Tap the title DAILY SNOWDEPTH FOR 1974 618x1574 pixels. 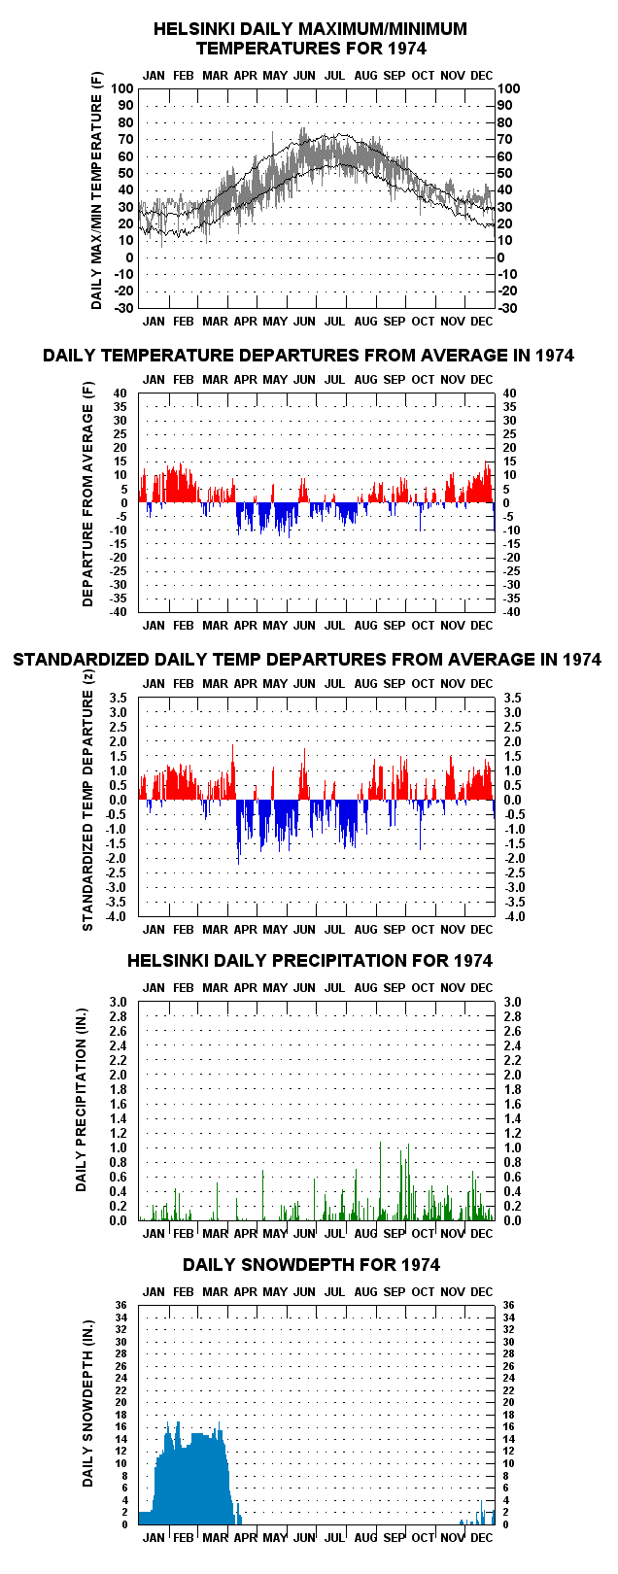click(311, 1265)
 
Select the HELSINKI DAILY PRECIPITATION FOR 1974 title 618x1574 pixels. click(310, 961)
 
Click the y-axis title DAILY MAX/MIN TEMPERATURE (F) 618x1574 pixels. click(96, 190)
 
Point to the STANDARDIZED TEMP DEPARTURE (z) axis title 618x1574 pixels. click(87, 801)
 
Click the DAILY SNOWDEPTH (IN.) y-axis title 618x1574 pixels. click(87, 1415)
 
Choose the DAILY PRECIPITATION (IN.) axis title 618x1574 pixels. click(81, 1100)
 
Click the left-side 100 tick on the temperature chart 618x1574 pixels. click(121, 88)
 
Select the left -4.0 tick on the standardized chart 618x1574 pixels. click(117, 916)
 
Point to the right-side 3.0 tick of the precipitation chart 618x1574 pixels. click(512, 1002)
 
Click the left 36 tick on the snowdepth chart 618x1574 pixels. click(121, 1305)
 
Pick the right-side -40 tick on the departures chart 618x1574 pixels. click(511, 612)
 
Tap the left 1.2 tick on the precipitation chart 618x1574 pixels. click(119, 1133)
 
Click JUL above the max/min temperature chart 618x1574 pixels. click(334, 75)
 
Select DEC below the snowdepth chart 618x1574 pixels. click(482, 1537)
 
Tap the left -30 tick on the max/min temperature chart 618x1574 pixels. click(123, 308)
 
